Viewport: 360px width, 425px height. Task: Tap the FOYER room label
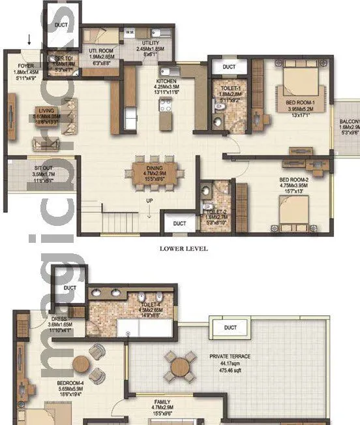click(25, 65)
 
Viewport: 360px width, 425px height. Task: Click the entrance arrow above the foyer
click(29, 41)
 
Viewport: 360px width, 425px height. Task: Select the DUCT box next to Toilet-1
click(228, 67)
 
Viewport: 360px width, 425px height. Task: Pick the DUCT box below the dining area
click(179, 223)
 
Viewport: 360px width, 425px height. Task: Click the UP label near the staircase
click(149, 200)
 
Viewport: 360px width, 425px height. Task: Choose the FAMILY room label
click(162, 402)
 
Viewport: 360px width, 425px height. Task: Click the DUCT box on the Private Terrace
click(230, 328)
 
